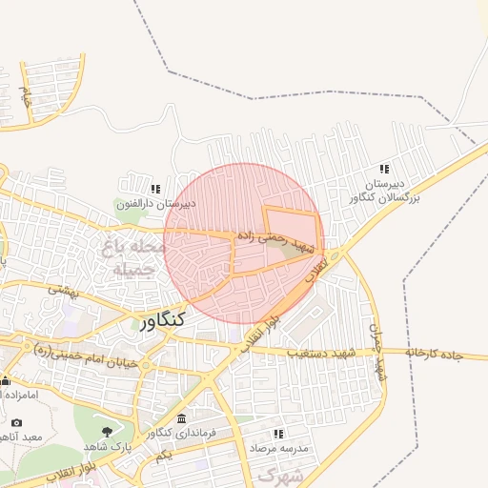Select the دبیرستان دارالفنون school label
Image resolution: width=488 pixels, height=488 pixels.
click(x=155, y=203)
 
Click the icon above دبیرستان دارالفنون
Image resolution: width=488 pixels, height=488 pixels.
click(x=155, y=189)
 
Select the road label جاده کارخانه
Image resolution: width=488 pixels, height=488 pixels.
click(x=434, y=355)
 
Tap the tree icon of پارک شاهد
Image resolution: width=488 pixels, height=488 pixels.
click(x=105, y=432)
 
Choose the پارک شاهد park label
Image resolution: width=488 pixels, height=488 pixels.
click(x=105, y=446)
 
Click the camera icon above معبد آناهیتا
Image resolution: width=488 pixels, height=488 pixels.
click(x=16, y=422)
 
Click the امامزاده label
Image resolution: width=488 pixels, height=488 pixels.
click(x=18, y=394)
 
